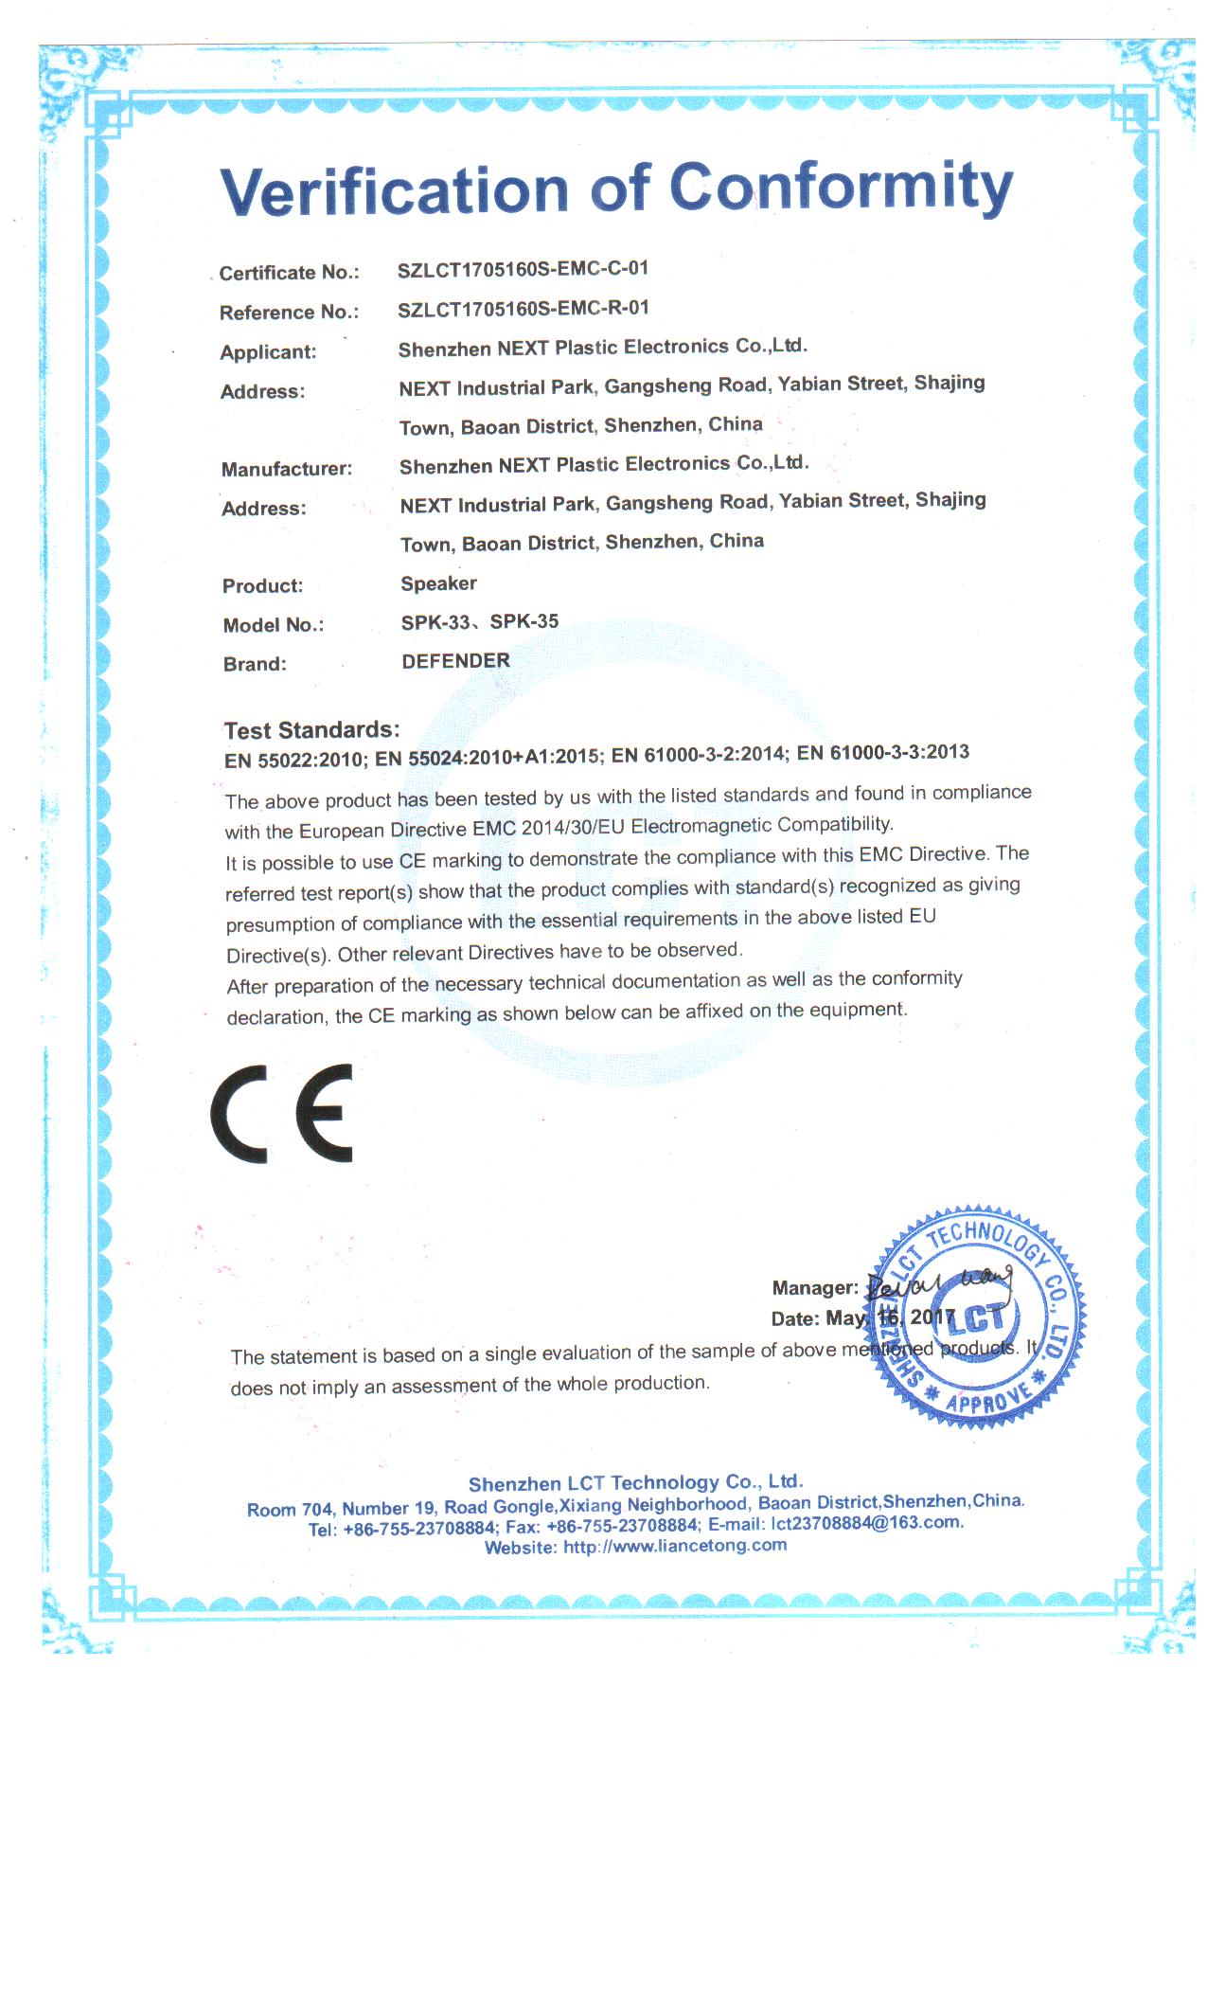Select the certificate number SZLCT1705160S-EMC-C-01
point(523,269)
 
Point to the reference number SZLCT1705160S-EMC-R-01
point(523,309)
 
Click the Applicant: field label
point(268,352)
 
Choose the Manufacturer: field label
point(286,469)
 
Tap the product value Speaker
point(438,583)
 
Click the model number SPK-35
point(524,622)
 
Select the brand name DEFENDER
point(455,661)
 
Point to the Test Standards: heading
point(311,730)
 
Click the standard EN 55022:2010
point(293,760)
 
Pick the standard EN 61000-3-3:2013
point(883,753)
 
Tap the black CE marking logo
point(282,1113)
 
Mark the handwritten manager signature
point(937,1284)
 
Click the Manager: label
point(815,1288)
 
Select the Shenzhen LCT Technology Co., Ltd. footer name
point(635,1482)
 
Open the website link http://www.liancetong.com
point(675,1546)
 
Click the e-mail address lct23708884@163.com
point(866,1523)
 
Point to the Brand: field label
point(254,664)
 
